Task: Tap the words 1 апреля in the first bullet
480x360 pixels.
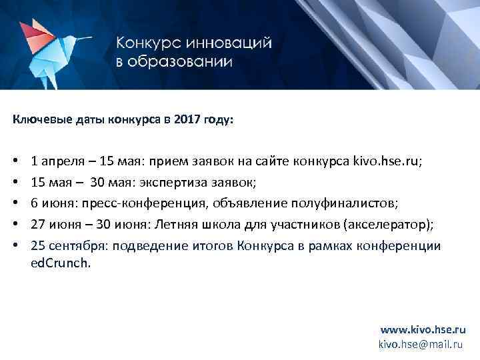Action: (56, 161)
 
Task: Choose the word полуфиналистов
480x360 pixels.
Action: (333, 203)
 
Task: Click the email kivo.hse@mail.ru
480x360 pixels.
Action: (420, 344)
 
